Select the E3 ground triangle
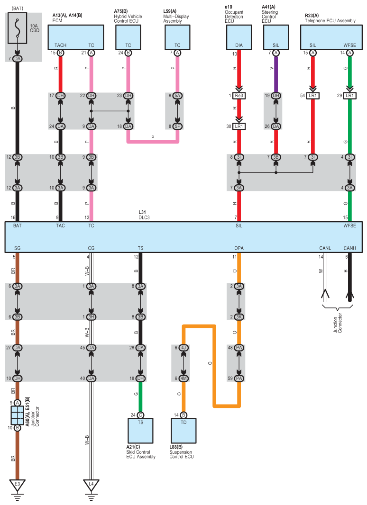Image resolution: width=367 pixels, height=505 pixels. coord(17,484)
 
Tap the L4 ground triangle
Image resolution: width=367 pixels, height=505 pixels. coord(91,484)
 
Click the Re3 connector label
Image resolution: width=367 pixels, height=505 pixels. coord(239,96)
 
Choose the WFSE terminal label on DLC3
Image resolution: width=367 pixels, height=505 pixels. coord(349,226)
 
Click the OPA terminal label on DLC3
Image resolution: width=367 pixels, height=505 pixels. coord(239,248)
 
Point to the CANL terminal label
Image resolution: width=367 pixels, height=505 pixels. coord(325,248)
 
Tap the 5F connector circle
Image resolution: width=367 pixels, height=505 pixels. coord(177,126)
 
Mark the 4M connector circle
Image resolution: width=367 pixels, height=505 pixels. coord(183,378)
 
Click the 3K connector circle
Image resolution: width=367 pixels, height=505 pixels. coord(239,317)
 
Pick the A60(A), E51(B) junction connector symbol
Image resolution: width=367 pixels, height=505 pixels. coord(17,415)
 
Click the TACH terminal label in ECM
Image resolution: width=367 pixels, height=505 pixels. coord(60,45)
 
